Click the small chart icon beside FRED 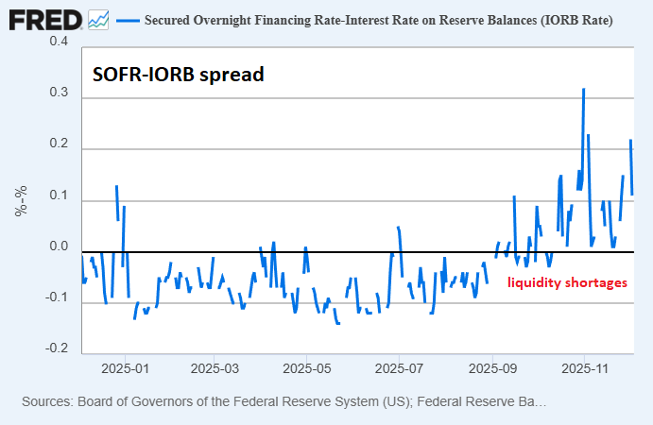click(x=98, y=18)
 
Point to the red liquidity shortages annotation click(x=567, y=282)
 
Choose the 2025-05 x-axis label click(x=307, y=366)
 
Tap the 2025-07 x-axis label click(x=400, y=366)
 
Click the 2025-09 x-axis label click(x=492, y=366)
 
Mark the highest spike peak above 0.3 click(x=584, y=89)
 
